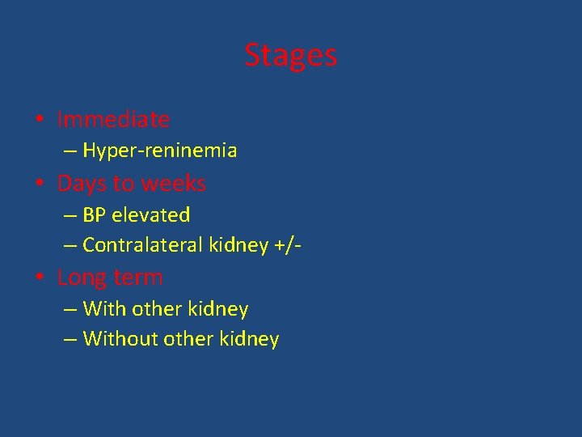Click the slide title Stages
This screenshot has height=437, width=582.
click(x=290, y=55)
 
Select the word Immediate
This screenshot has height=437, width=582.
click(x=113, y=120)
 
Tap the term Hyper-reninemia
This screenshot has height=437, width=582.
click(x=159, y=151)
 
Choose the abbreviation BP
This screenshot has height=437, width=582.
click(x=95, y=215)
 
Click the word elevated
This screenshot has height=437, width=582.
click(x=151, y=215)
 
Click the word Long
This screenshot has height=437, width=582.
click(x=81, y=278)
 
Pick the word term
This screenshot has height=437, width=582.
click(x=137, y=278)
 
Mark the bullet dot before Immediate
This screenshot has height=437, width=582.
click(x=40, y=121)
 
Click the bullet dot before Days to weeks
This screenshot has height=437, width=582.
click(x=40, y=185)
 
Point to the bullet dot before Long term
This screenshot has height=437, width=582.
click(x=40, y=278)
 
